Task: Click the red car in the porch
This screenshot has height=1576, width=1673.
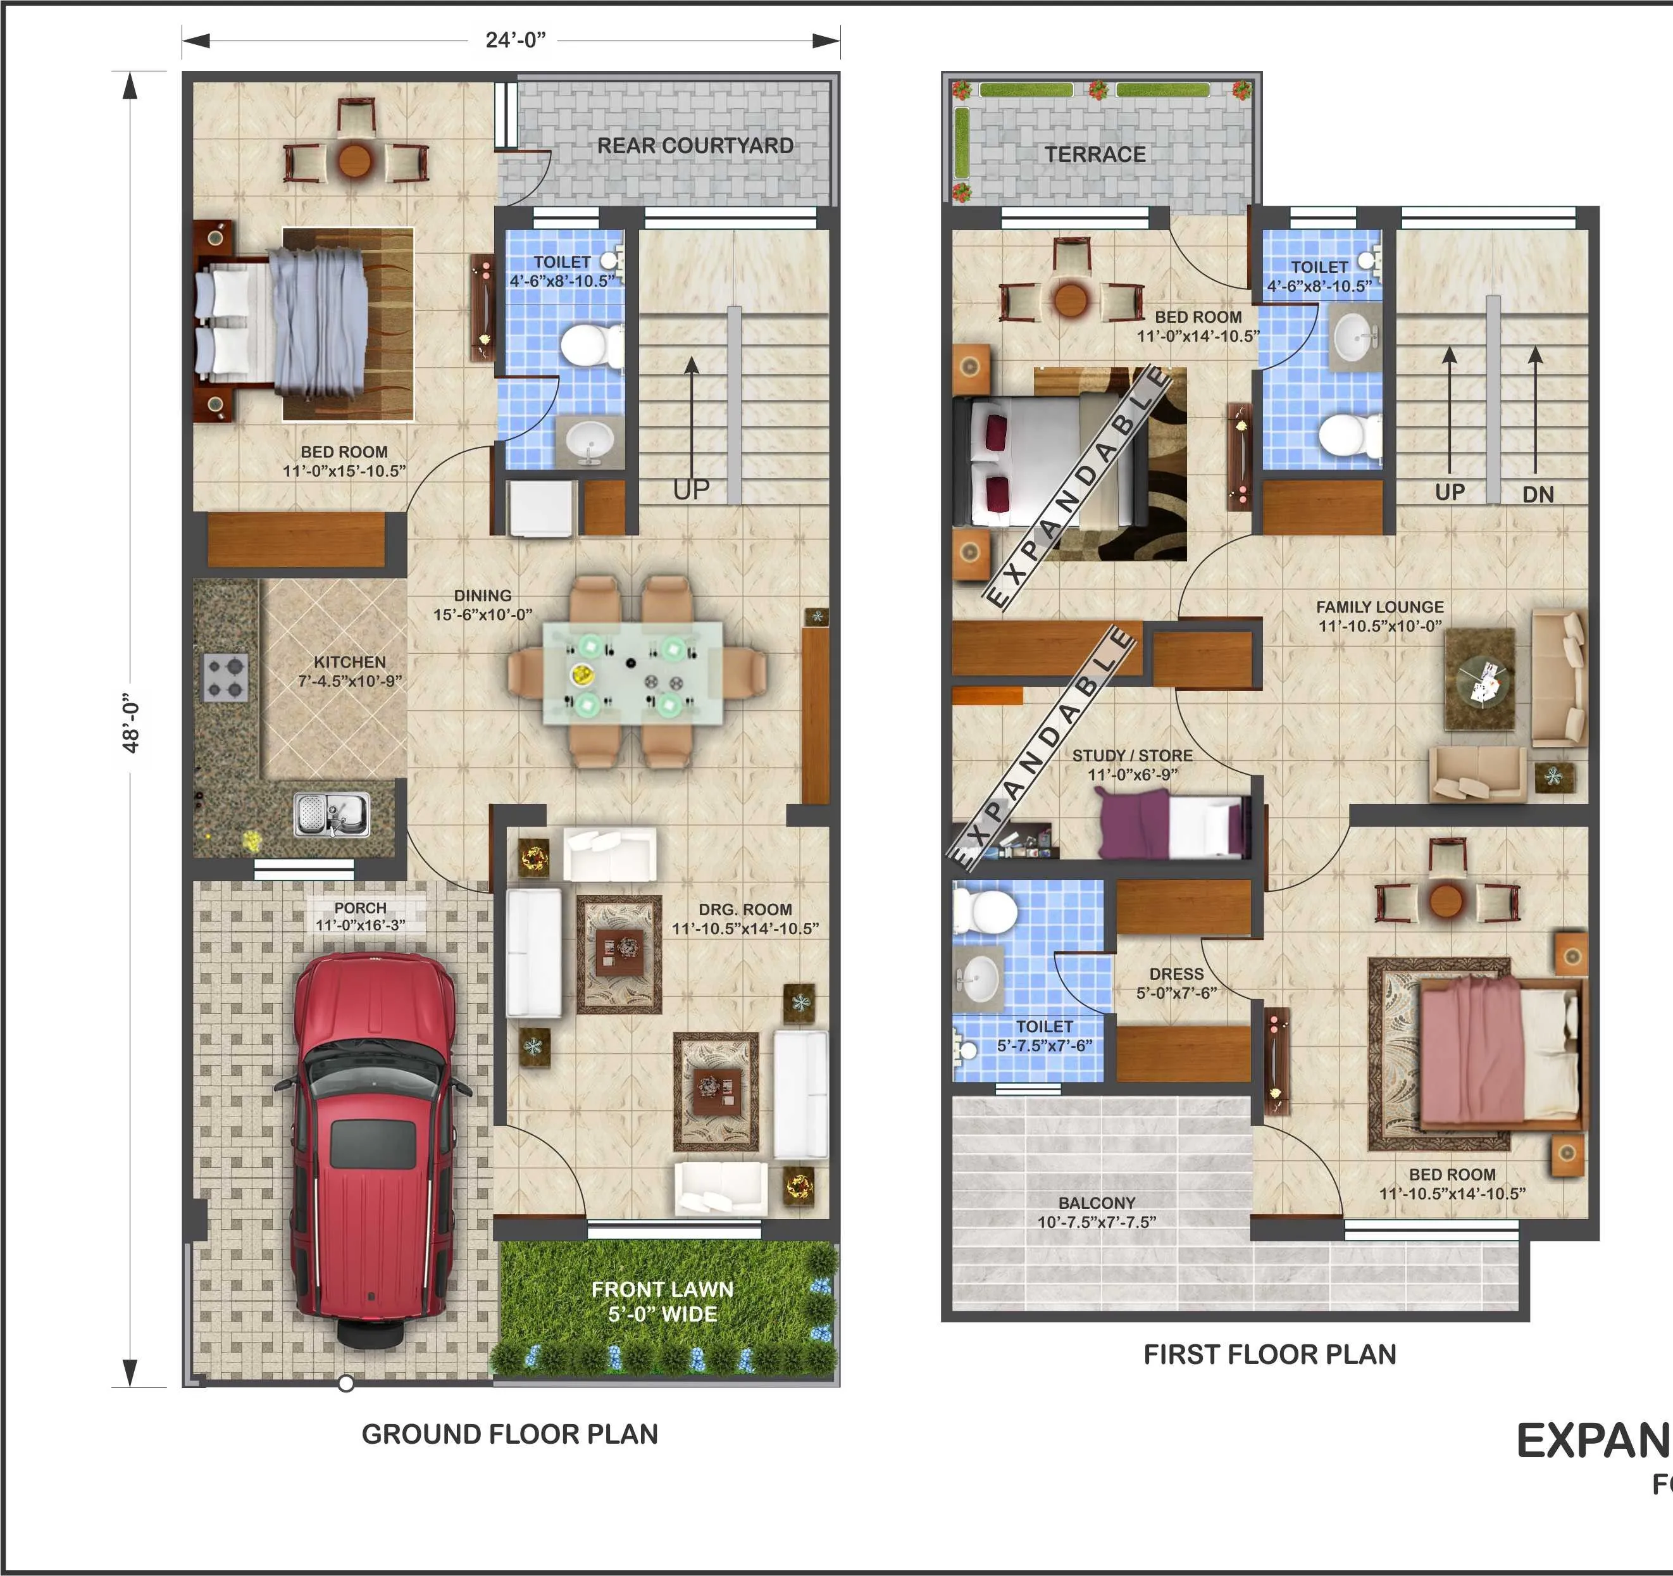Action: point(370,1145)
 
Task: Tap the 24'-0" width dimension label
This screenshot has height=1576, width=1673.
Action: point(515,41)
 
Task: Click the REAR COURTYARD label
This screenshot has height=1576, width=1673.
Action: point(695,146)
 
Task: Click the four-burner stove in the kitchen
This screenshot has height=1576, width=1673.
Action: point(225,678)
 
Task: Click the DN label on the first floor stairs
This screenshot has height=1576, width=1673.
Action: point(1538,495)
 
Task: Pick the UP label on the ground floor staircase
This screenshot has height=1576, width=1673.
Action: point(691,490)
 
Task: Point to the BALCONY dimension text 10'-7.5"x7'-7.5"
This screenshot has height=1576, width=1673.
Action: point(1097,1222)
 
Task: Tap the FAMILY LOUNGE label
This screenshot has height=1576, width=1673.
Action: point(1379,607)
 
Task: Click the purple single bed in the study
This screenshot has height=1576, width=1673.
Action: point(1174,828)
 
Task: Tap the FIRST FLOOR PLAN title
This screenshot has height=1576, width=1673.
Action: point(1269,1354)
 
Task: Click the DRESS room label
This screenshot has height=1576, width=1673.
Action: point(1176,974)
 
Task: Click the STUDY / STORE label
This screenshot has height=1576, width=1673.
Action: point(1132,755)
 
